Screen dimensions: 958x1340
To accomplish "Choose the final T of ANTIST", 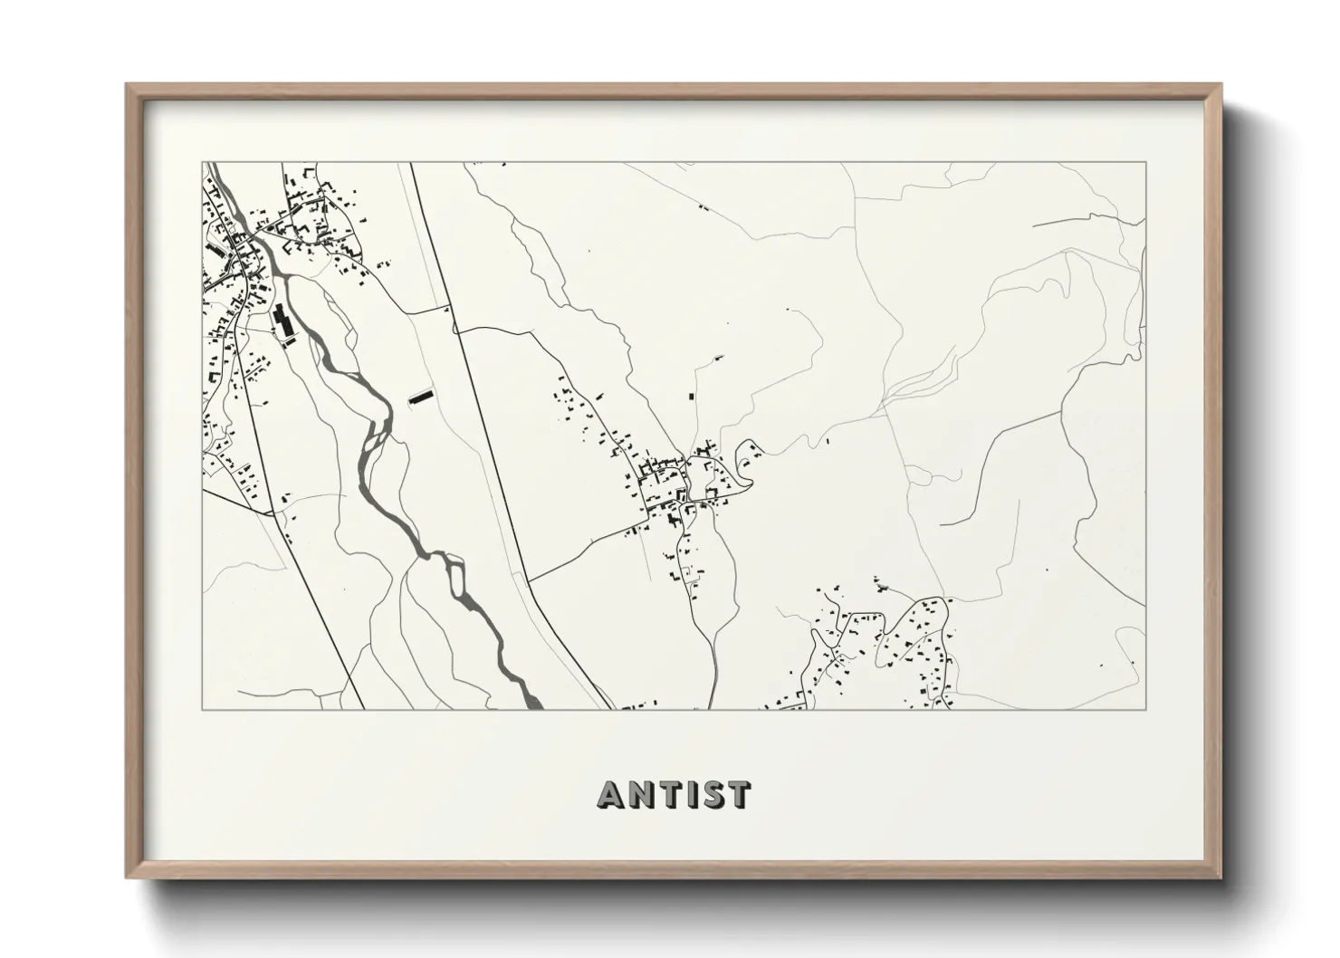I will [738, 794].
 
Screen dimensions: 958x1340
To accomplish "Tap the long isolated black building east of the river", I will [419, 397].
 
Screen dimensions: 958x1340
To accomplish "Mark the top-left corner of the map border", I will [202, 163].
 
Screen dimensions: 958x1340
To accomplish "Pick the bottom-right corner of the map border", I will [1145, 709].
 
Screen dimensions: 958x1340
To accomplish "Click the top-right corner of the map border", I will [1145, 163].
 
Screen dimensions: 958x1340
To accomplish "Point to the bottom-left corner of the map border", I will [202, 709].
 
